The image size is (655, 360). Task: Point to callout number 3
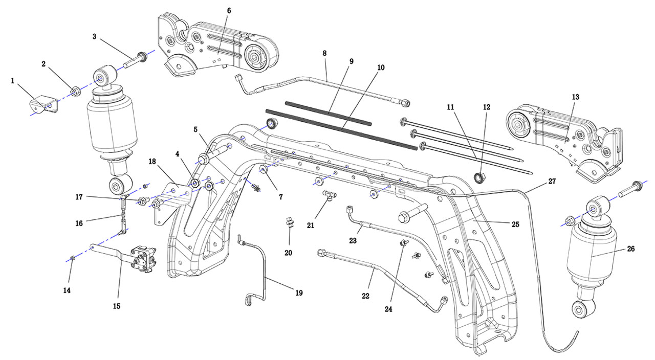[94, 37]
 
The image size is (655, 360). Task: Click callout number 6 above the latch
[229, 11]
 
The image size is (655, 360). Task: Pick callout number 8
[324, 53]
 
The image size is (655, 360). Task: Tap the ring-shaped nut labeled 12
[480, 177]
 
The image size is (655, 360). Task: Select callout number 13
[576, 97]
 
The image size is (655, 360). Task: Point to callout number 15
[117, 306]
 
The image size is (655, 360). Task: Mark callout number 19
[299, 293]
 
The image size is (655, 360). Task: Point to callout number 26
[631, 250]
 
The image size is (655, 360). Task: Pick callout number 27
[552, 182]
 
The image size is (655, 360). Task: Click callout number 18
[152, 162]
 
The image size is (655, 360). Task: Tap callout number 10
[381, 67]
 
